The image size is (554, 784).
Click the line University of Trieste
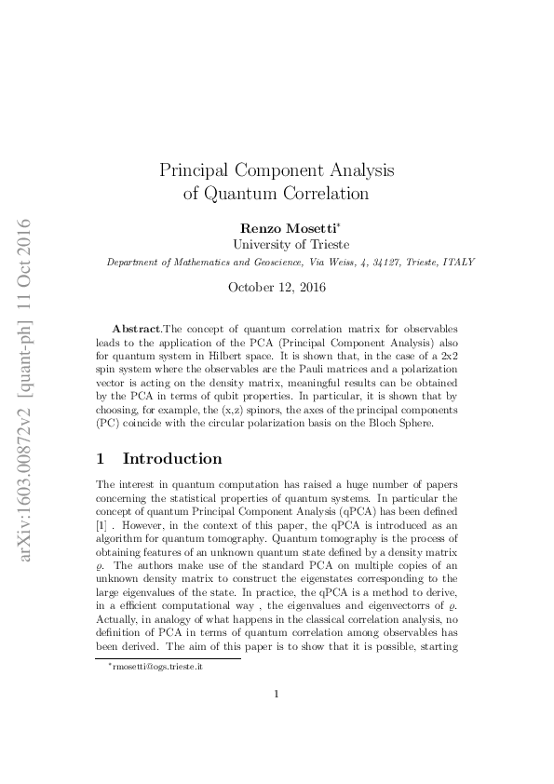coord(277,245)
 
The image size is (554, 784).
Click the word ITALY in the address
coord(457,263)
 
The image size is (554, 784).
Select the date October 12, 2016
coord(277,288)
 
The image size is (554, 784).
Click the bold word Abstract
coord(136,331)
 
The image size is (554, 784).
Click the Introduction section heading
coord(171,459)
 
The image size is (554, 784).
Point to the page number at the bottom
coord(277,720)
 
